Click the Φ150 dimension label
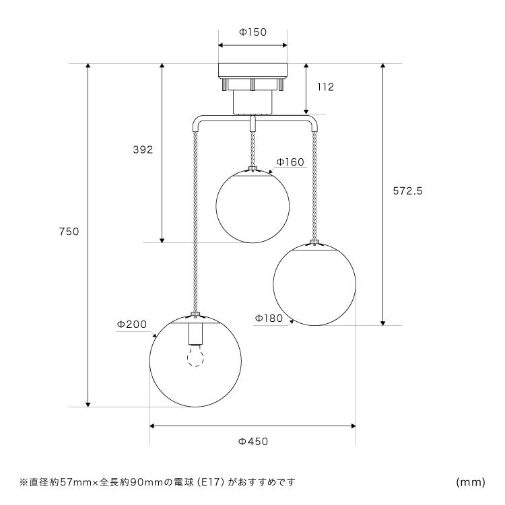(x=252, y=32)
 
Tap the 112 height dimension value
(x=326, y=87)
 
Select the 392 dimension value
(x=143, y=149)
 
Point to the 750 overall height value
(x=69, y=231)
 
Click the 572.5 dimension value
(x=407, y=191)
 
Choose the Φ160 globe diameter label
(x=290, y=162)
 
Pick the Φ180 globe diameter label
(x=269, y=318)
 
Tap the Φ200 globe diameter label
(x=132, y=324)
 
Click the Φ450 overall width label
(x=253, y=441)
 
